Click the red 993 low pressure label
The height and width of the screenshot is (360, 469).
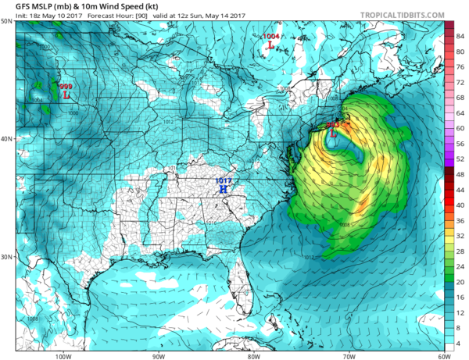pyautogui.click(x=331, y=124)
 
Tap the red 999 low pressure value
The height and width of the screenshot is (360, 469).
pyautogui.click(x=66, y=87)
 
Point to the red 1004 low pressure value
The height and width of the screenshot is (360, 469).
pyautogui.click(x=271, y=37)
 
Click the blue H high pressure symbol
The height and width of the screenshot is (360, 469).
pyautogui.click(x=224, y=190)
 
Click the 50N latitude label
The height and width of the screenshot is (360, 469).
pyautogui.click(x=6, y=21)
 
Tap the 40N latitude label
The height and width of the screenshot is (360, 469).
pyautogui.click(x=6, y=139)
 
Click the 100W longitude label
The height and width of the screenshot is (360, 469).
pyautogui.click(x=64, y=356)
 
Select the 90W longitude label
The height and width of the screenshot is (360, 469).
pyautogui.click(x=159, y=356)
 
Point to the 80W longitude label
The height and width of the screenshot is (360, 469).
pyautogui.click(x=253, y=356)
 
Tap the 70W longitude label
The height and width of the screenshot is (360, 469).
pyautogui.click(x=348, y=356)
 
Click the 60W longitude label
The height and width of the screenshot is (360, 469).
pyautogui.click(x=442, y=356)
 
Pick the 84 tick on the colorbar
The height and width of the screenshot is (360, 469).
pyautogui.click(x=460, y=36)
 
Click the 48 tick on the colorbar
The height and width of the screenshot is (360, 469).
pyautogui.click(x=460, y=173)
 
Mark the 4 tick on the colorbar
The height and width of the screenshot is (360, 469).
pyautogui.click(x=460, y=342)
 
